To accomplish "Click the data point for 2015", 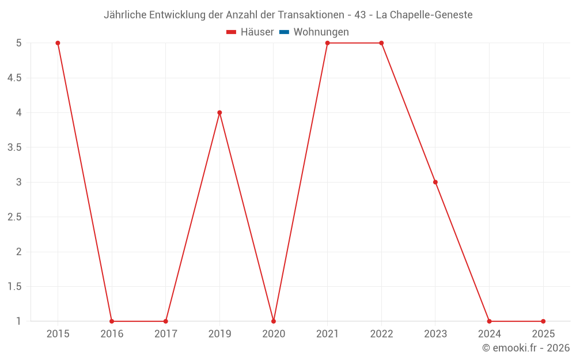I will point(58,43).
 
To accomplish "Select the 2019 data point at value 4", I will point(219,112).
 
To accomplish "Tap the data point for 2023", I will point(435,182).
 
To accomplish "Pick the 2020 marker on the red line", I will point(274,321).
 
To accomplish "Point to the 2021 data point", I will point(327,43).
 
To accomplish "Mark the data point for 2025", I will point(543,321).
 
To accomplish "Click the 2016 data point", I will point(112,321).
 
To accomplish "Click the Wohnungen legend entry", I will point(321,32).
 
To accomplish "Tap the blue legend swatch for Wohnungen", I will point(284,32).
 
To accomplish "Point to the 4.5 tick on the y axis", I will point(14,78).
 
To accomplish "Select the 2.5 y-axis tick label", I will point(14,217).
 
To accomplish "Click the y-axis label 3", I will point(18,182).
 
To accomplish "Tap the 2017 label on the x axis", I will point(166,334).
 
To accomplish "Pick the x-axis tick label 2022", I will point(381,334).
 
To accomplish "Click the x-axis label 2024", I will point(489,334).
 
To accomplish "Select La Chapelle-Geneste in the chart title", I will point(424,15).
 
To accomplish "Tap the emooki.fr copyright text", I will point(526,348).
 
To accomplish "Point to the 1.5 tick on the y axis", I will point(14,286).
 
